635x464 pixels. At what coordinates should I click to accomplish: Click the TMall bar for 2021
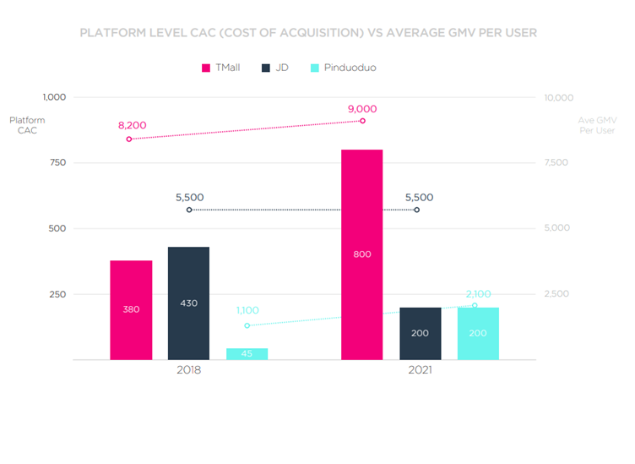click(362, 254)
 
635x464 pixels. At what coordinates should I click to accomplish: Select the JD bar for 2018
click(188, 303)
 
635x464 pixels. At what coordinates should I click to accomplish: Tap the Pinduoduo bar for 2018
click(247, 354)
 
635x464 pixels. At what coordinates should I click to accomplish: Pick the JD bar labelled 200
click(421, 333)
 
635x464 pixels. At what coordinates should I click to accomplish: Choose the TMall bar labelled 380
click(131, 309)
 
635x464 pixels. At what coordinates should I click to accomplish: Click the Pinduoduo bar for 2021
click(478, 333)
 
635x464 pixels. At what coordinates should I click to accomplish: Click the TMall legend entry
click(220, 67)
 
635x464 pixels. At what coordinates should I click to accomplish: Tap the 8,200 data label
click(132, 125)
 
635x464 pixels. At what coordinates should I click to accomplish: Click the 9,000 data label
click(361, 108)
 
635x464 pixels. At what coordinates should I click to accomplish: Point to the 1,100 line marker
click(247, 325)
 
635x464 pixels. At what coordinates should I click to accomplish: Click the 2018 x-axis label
click(188, 370)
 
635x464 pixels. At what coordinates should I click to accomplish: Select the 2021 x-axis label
click(420, 370)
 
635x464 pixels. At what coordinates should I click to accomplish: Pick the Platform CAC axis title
click(27, 125)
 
